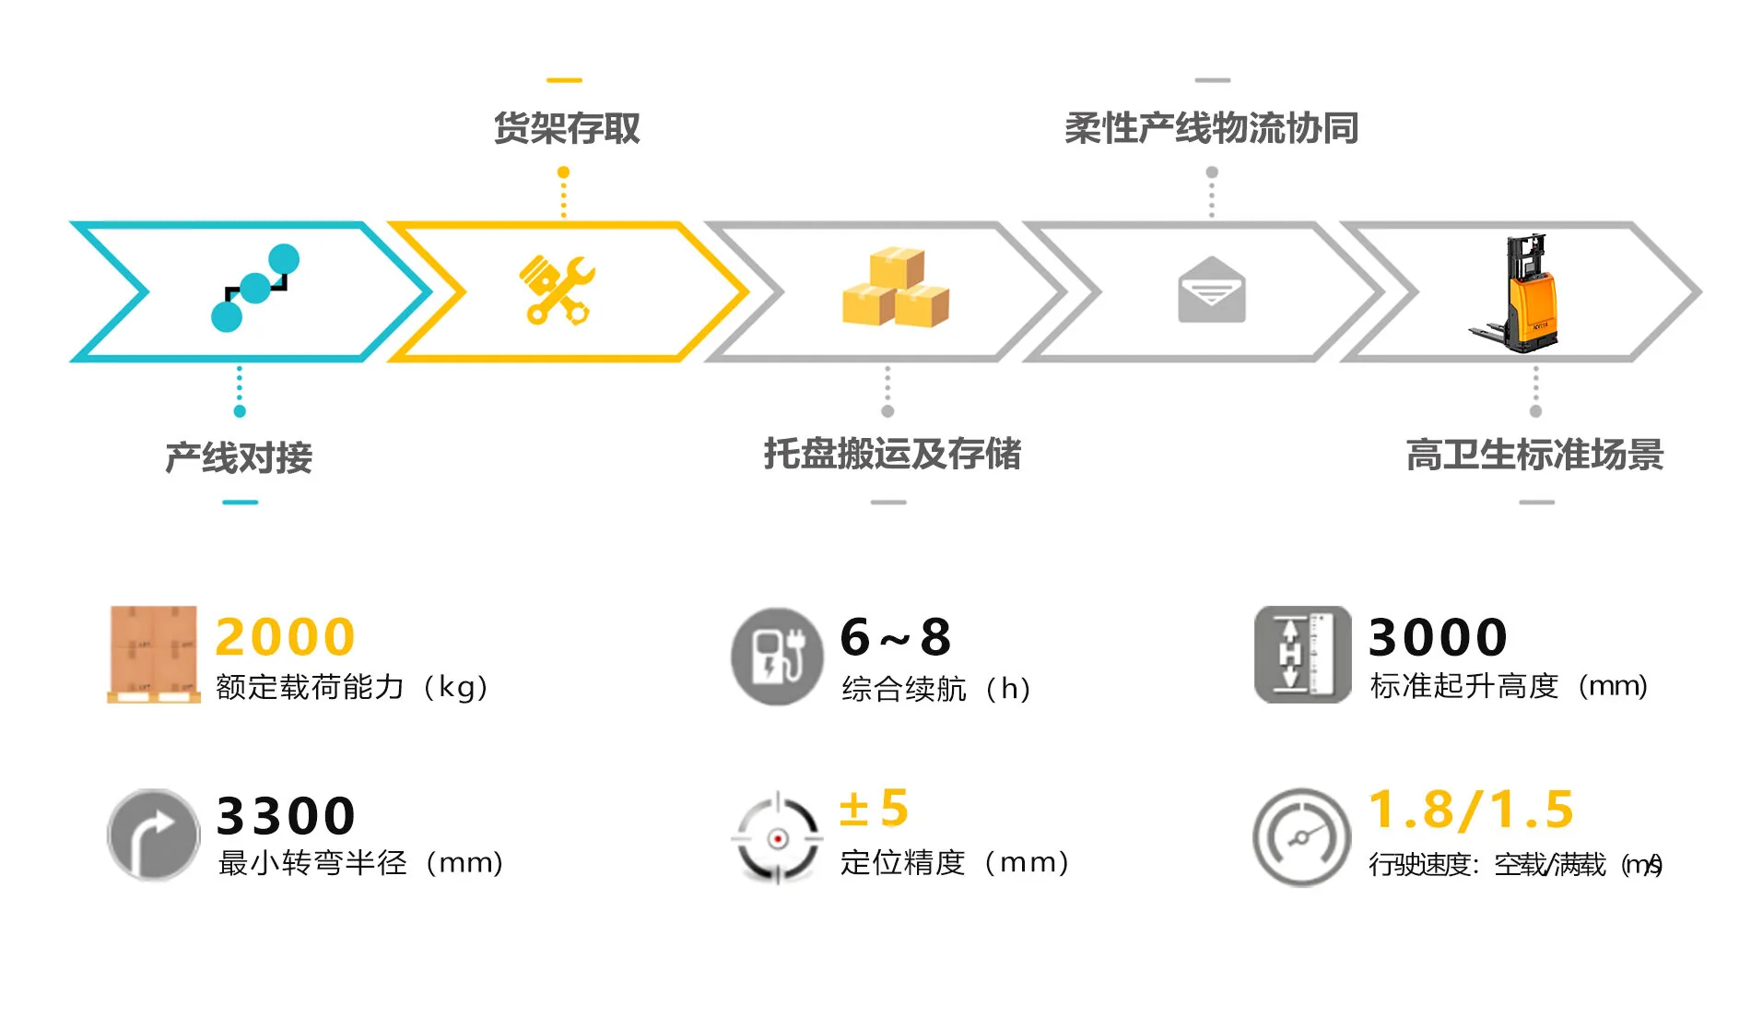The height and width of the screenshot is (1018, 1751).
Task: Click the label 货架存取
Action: click(566, 128)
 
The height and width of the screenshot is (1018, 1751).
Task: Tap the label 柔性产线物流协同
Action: click(1211, 128)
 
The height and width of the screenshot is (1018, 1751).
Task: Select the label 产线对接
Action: click(239, 457)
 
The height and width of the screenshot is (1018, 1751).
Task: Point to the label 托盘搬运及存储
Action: click(892, 454)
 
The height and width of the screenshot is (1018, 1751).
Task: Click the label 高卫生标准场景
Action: click(1534, 455)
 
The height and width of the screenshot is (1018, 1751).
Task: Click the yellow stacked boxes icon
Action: click(895, 287)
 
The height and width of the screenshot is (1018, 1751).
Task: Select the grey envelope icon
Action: click(1211, 290)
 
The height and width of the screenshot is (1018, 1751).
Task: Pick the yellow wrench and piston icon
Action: click(558, 290)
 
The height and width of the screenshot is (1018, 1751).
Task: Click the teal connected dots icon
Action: click(254, 288)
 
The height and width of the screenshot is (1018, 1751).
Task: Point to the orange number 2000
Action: click(285, 636)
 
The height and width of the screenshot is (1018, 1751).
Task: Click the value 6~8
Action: click(895, 636)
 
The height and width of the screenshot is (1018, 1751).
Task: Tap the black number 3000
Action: click(1438, 636)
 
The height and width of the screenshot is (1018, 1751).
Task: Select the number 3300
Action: click(286, 815)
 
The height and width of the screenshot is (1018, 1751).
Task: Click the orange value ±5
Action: click(874, 808)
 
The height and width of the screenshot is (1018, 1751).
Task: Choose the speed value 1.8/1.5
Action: click(1471, 809)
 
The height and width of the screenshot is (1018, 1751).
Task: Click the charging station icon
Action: click(776, 656)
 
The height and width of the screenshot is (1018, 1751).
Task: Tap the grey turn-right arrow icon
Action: click(153, 835)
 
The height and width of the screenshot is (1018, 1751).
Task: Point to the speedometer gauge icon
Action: click(1300, 837)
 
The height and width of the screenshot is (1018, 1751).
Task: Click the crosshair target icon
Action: click(777, 838)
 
